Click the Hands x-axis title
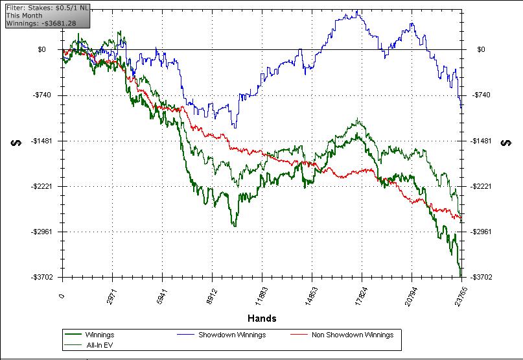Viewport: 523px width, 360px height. [x=262, y=318]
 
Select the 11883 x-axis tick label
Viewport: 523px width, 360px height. [x=261, y=297]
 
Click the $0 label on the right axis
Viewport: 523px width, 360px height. [x=481, y=49]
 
